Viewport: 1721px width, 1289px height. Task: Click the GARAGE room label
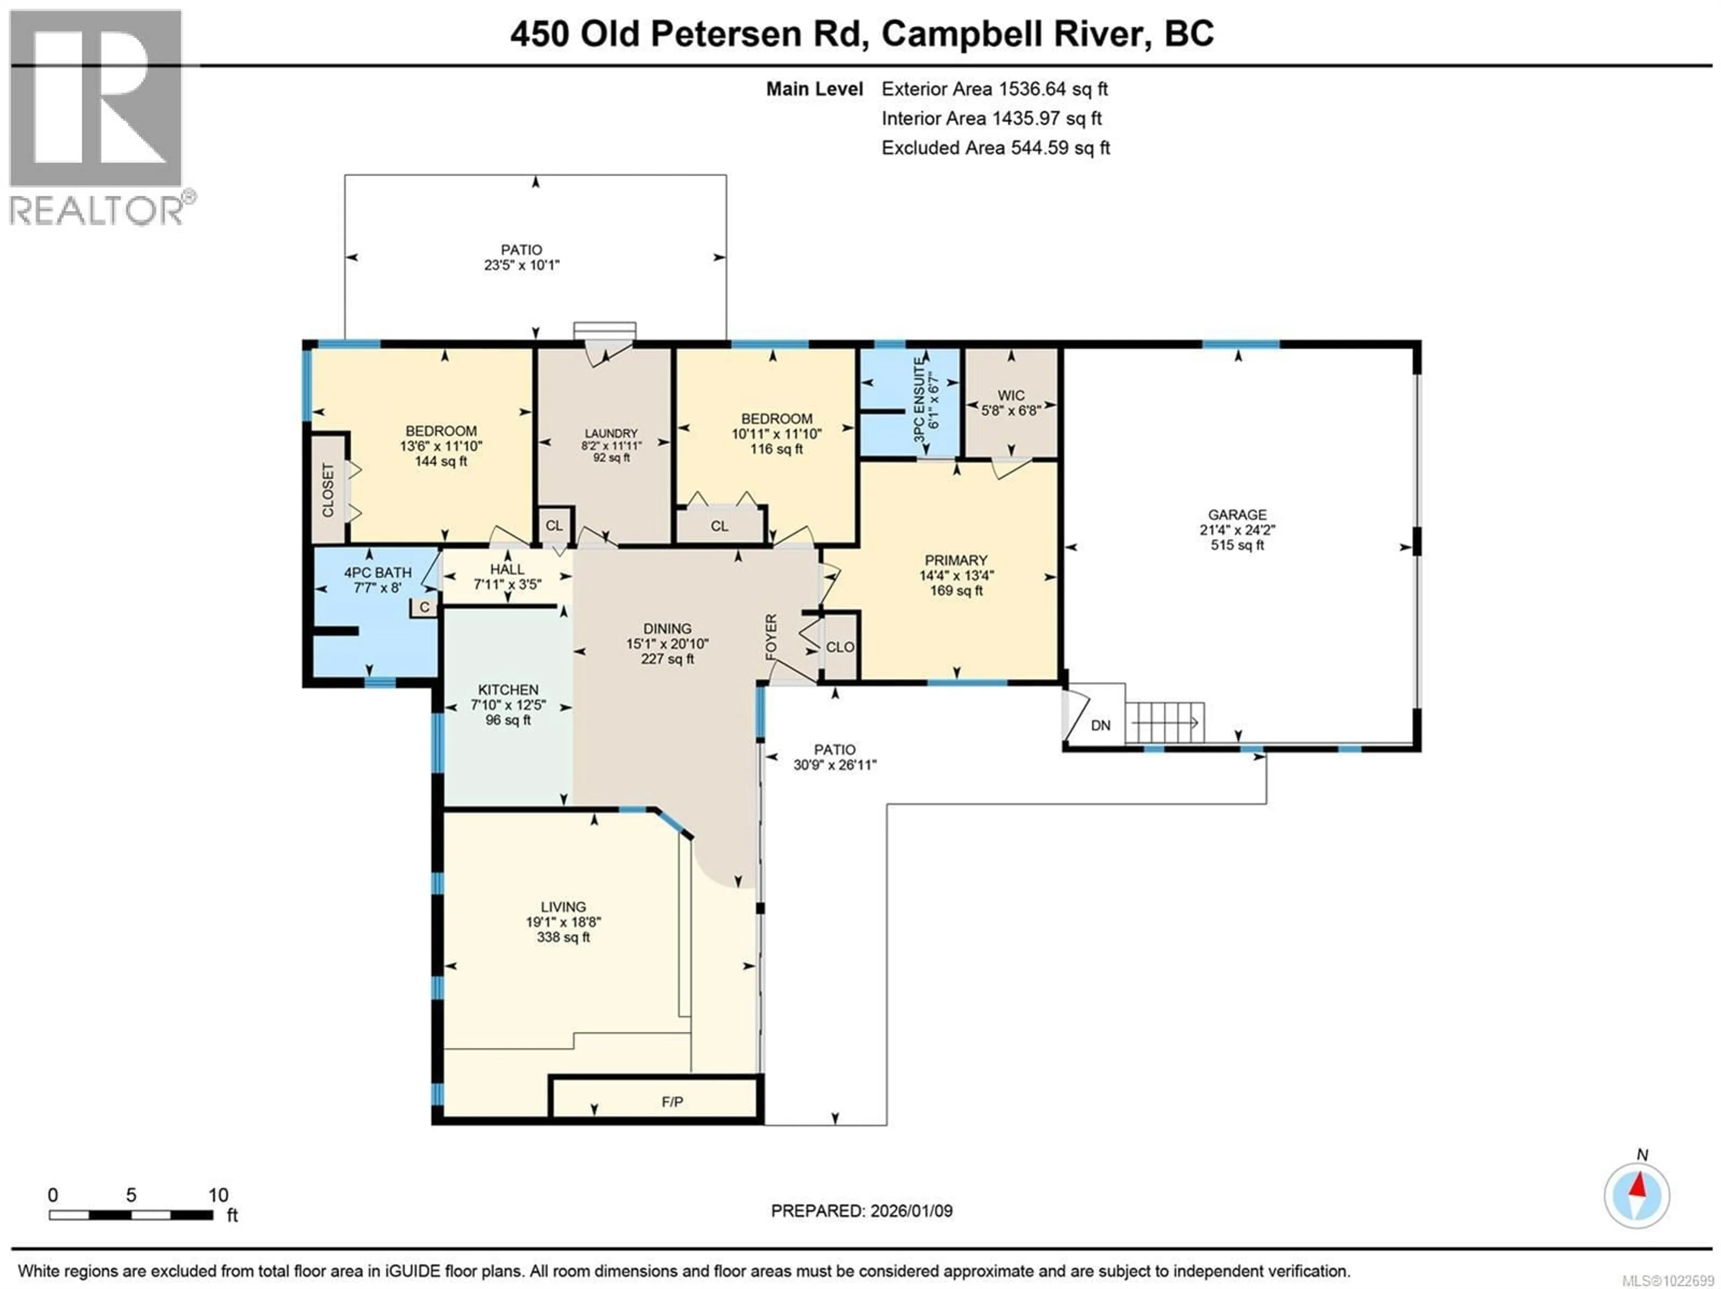(x=1237, y=515)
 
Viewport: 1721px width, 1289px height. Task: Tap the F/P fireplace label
(x=672, y=1102)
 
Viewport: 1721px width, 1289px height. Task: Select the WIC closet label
(x=1011, y=395)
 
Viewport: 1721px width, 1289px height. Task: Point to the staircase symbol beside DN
(x=1165, y=722)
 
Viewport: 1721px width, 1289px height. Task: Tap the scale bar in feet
(x=131, y=1215)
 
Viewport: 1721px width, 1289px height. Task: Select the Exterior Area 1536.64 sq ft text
(x=995, y=89)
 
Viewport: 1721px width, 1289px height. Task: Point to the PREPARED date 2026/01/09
(x=861, y=1211)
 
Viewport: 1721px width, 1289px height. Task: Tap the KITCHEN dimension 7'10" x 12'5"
(x=508, y=705)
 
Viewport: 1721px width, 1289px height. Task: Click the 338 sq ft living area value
(x=563, y=937)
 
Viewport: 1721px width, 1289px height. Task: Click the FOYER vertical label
(x=771, y=637)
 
